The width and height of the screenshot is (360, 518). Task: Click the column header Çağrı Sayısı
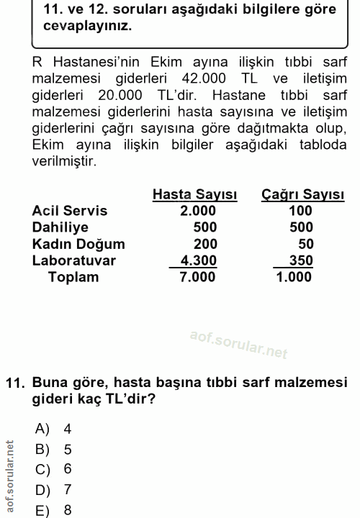(302, 195)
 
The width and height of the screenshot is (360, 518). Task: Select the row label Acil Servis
(70, 211)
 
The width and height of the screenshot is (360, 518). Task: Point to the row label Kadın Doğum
(78, 244)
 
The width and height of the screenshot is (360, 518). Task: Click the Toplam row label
(73, 277)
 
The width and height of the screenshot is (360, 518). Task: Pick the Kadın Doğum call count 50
(305, 244)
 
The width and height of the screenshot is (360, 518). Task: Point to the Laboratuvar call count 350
(301, 260)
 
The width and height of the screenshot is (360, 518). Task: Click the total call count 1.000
(294, 277)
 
